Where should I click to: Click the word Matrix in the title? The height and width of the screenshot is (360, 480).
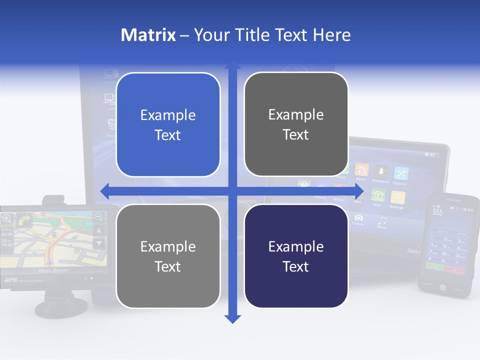point(148,35)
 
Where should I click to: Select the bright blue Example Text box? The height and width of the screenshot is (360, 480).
point(168,124)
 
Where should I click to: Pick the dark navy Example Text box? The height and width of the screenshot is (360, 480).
point(296,256)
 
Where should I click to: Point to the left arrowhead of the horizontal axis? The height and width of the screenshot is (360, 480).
point(104,191)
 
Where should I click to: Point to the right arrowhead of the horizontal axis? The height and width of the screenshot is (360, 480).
point(360,191)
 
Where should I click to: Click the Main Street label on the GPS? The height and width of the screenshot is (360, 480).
point(53,271)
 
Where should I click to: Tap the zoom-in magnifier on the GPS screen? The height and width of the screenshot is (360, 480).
point(7,218)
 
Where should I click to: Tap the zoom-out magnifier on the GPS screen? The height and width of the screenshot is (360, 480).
point(98,217)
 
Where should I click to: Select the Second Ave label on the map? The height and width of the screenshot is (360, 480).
point(35,250)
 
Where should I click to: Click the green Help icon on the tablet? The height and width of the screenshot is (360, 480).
point(378,195)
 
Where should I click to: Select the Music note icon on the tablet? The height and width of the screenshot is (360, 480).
point(382,220)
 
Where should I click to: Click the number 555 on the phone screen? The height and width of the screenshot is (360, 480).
point(437,212)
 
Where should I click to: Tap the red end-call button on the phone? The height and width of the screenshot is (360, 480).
point(455,269)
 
